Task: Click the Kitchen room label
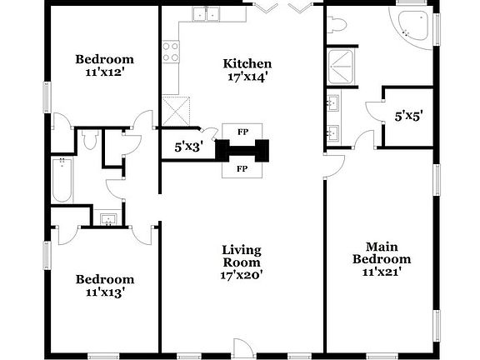[x=247, y=64]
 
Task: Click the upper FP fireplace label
[x=242, y=132]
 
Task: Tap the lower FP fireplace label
[x=242, y=169]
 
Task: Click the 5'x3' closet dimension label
[x=187, y=147]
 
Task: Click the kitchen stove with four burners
[x=171, y=52]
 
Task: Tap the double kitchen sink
[x=204, y=13]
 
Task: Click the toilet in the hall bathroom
[x=91, y=138]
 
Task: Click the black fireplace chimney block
[x=242, y=151]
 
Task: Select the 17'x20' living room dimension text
[x=242, y=275]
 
